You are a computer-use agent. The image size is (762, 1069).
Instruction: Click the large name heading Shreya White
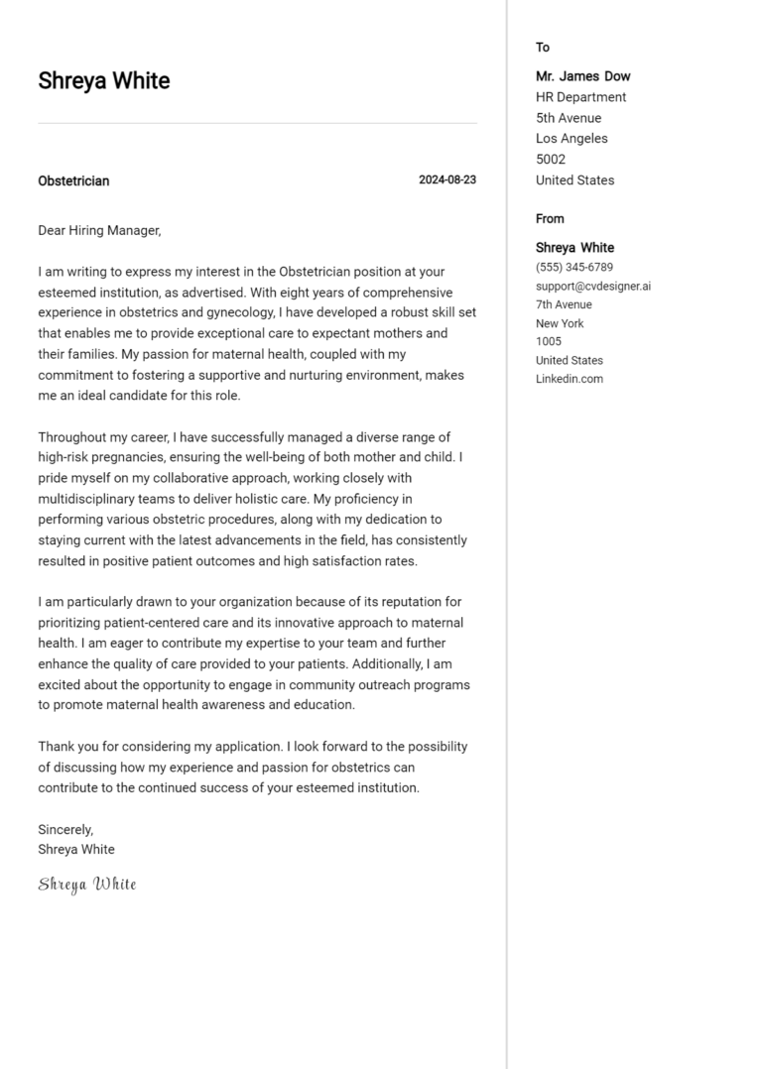[x=104, y=81]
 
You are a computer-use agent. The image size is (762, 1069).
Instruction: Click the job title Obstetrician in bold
[x=73, y=180]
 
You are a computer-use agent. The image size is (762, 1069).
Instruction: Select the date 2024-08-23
[x=446, y=180]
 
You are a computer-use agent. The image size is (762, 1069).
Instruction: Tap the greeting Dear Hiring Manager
[x=99, y=230]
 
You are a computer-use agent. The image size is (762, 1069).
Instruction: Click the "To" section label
[x=543, y=48]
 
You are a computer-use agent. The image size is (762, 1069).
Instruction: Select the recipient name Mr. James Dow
[x=582, y=76]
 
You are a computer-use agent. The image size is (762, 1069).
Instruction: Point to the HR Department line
[x=580, y=97]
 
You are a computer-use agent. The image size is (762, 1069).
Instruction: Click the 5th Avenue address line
[x=569, y=118]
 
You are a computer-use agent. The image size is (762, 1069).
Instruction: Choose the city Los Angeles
[x=571, y=139]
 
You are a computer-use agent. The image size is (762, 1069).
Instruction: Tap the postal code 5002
[x=551, y=160]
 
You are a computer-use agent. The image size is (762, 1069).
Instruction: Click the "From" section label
[x=550, y=219]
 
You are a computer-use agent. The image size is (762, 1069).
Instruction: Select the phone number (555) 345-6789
[x=574, y=268]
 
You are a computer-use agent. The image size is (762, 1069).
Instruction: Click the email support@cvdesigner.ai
[x=593, y=287]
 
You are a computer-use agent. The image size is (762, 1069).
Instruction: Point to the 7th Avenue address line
[x=564, y=304]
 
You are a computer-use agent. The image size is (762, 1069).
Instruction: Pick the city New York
[x=560, y=323]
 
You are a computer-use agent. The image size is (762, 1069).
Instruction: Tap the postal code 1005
[x=549, y=342]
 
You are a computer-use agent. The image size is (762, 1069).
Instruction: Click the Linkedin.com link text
[x=570, y=379]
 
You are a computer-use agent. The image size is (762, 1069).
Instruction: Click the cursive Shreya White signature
[x=87, y=884]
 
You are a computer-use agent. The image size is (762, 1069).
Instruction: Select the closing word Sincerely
[x=65, y=829]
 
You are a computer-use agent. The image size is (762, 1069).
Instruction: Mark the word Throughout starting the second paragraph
[x=73, y=437]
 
